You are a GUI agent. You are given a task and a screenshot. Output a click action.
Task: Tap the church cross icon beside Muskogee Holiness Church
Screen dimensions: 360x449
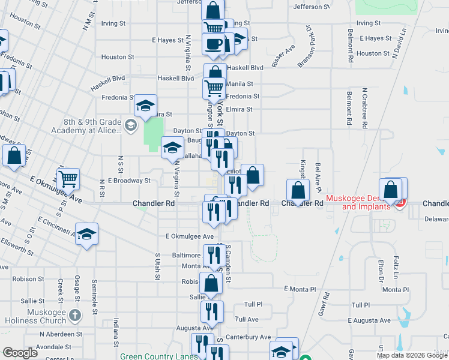tap(74, 315)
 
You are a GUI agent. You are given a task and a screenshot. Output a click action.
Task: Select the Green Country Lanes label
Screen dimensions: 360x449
tap(158, 356)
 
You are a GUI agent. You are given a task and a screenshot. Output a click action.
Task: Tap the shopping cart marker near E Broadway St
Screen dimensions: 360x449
tap(68, 178)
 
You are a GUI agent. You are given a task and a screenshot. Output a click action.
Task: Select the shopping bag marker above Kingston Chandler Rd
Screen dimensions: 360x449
tap(298, 190)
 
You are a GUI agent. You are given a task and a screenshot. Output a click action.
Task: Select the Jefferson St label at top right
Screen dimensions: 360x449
tap(311, 7)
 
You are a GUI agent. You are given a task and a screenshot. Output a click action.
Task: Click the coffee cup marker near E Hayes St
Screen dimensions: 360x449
tap(213, 43)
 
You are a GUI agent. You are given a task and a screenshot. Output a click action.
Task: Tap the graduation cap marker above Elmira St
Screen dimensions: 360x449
tap(145, 106)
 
